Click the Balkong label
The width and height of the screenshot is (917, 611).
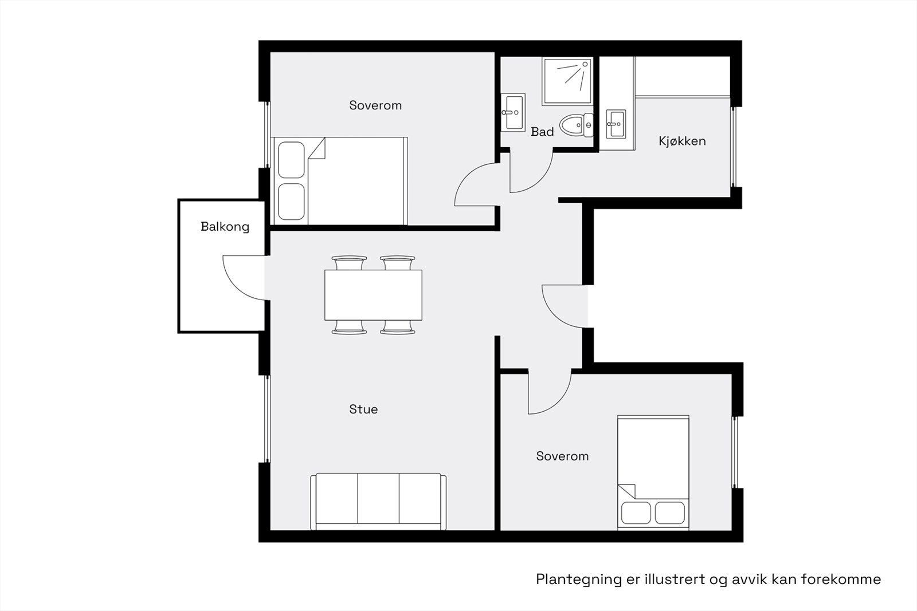225,227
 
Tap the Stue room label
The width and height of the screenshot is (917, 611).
363,409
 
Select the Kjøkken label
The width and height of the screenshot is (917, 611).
682,141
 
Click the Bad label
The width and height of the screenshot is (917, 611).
542,132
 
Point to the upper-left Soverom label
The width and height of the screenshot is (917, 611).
375,105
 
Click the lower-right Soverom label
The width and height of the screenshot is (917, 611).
562,456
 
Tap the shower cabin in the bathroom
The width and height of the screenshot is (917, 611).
567,81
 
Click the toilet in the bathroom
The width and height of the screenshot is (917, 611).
577,125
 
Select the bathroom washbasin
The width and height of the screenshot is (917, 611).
513,112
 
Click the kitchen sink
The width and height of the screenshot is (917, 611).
617,124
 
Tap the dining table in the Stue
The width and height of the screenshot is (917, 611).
373,295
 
